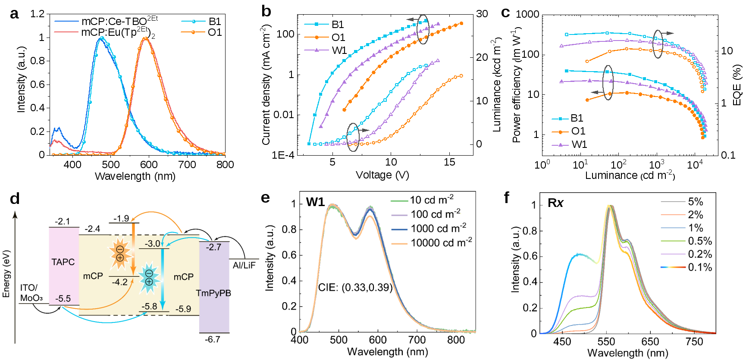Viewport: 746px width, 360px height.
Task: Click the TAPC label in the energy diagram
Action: [x=63, y=262]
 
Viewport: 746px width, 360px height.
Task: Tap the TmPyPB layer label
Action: [x=213, y=293]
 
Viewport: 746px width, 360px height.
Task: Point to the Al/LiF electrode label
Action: [x=244, y=265]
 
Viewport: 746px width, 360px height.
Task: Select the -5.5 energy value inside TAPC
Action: [x=63, y=299]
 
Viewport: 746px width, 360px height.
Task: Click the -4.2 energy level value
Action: [x=119, y=282]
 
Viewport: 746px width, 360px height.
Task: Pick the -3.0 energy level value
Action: [x=152, y=244]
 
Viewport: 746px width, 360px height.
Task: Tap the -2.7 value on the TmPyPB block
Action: [x=213, y=247]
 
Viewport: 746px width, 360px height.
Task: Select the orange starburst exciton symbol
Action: [x=119, y=254]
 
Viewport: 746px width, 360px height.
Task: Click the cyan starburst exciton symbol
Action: [x=149, y=278]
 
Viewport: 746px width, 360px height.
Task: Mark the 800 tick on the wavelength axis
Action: [x=456, y=340]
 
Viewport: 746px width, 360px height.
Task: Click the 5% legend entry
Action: [x=696, y=201]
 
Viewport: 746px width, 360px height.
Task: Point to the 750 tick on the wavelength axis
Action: [x=695, y=342]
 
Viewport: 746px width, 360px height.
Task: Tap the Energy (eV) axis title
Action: [x=6, y=274]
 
